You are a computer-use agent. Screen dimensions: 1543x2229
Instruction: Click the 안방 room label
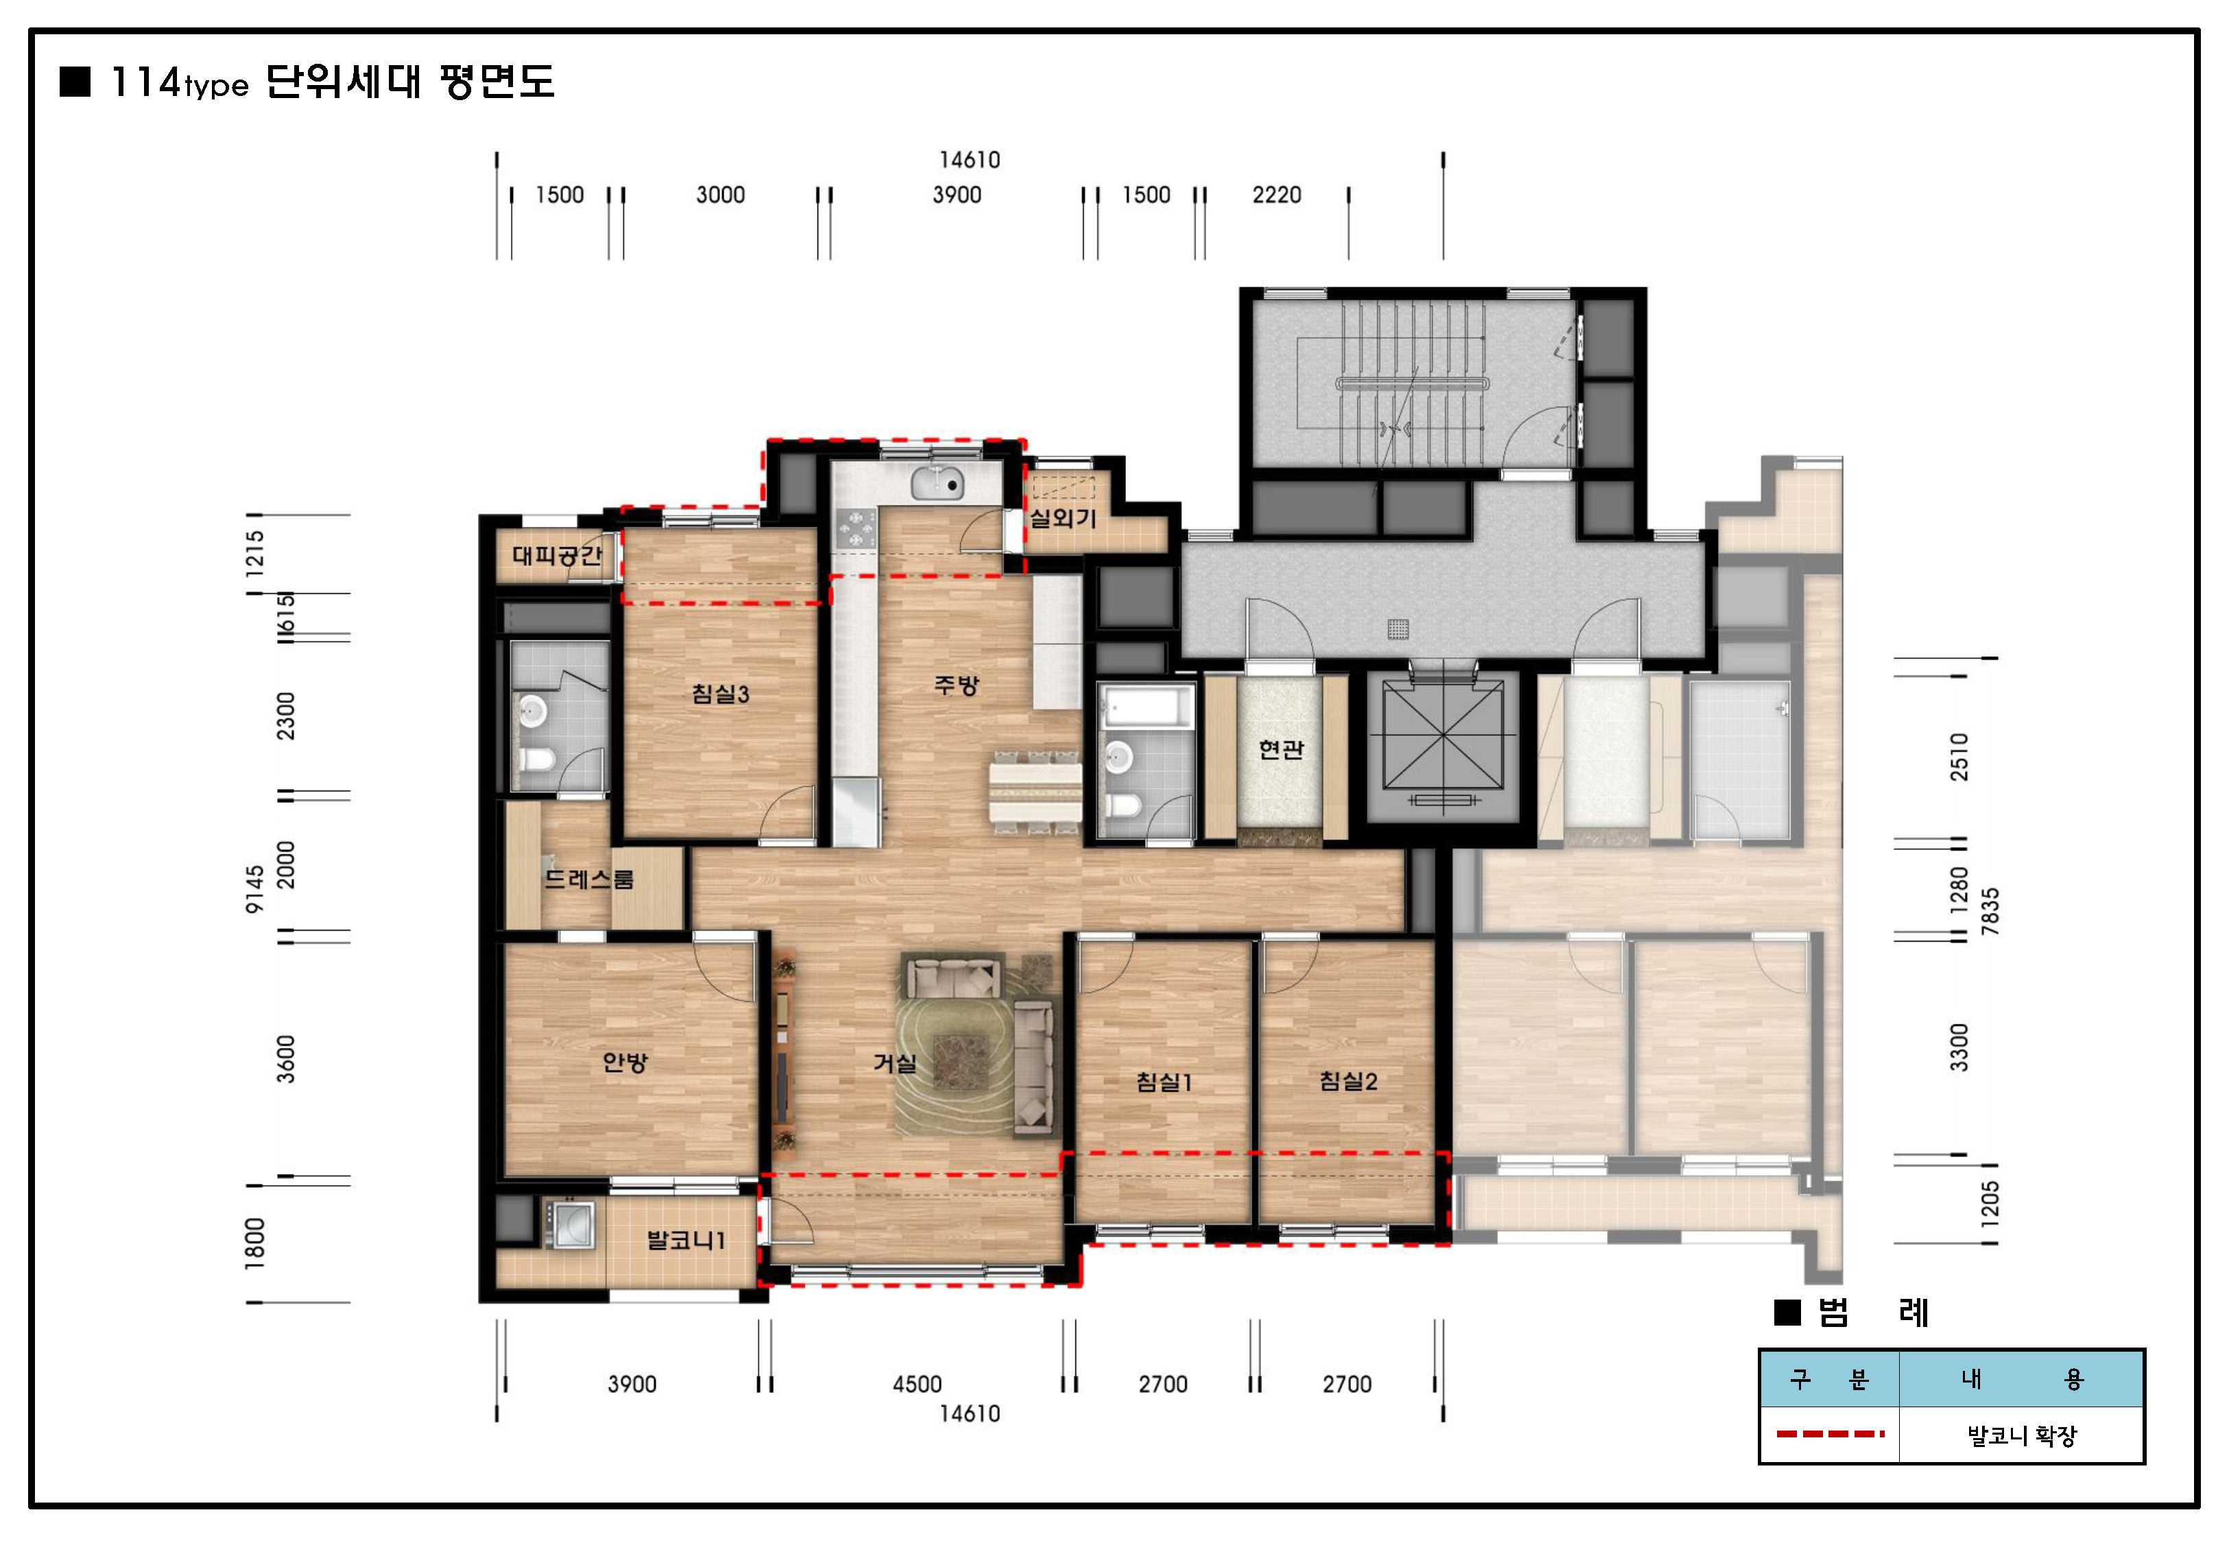pos(624,1062)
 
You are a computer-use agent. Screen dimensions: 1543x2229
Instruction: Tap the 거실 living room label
pos(894,1064)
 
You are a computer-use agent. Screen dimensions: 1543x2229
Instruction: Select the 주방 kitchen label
pos(957,686)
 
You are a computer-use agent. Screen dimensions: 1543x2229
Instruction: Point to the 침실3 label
pos(720,693)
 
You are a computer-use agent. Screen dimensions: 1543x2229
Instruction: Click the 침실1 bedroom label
pos(1164,1082)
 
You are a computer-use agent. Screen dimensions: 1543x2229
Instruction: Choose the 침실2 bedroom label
pos(1348,1081)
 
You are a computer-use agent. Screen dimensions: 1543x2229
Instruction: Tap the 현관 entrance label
pos(1280,750)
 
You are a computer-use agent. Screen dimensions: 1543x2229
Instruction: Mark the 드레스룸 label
pos(588,878)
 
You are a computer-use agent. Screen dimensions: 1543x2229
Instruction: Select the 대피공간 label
pos(557,555)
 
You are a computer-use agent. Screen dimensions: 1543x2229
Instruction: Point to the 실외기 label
pos(1062,518)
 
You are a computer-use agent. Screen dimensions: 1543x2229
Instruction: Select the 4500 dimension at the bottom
pos(916,1385)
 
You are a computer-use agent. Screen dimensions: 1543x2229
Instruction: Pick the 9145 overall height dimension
pos(254,889)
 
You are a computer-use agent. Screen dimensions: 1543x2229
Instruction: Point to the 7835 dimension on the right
pos(1989,911)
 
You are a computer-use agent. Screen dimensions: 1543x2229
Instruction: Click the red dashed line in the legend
pos(1830,1434)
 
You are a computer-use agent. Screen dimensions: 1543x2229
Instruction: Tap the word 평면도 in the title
pos(497,82)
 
